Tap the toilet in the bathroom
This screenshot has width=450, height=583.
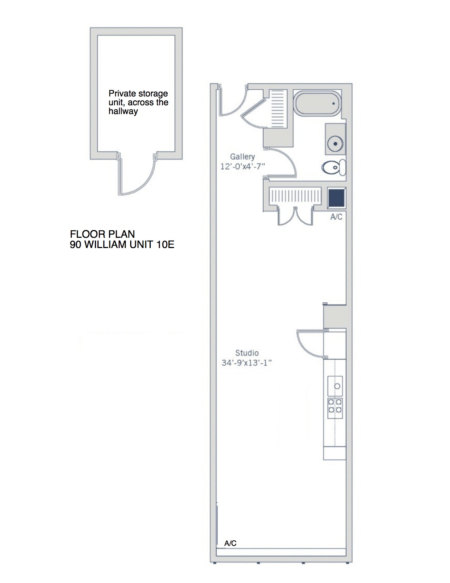point(334,167)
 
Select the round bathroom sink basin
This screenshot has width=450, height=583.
point(335,143)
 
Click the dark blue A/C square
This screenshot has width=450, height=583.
point(336,198)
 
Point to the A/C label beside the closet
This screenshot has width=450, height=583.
point(336,217)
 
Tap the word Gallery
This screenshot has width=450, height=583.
point(242,157)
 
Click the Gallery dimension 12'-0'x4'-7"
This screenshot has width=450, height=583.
point(242,166)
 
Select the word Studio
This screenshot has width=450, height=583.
point(247,353)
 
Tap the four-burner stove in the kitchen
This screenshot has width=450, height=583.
point(335,406)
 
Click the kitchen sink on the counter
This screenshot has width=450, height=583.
point(335,386)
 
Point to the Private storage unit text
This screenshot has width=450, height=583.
point(138,102)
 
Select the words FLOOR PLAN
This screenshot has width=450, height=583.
point(102,234)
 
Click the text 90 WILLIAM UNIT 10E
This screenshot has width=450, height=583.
point(122,245)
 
